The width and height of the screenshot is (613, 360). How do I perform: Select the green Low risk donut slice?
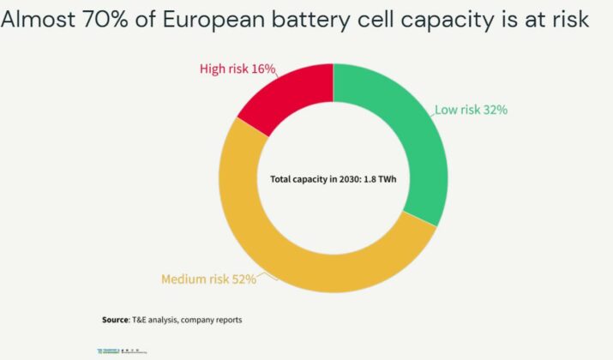point(403,137)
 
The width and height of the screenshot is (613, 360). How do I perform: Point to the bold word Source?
point(115,320)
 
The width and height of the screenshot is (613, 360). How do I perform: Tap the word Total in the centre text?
point(281,179)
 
